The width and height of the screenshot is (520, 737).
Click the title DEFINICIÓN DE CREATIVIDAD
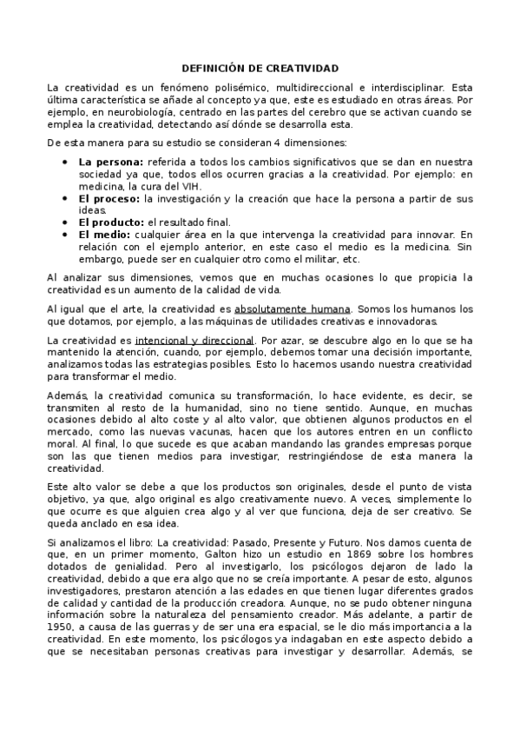click(x=260, y=68)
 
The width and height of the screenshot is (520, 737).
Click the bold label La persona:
click(x=111, y=163)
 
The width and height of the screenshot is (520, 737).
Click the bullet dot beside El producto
click(x=67, y=222)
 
